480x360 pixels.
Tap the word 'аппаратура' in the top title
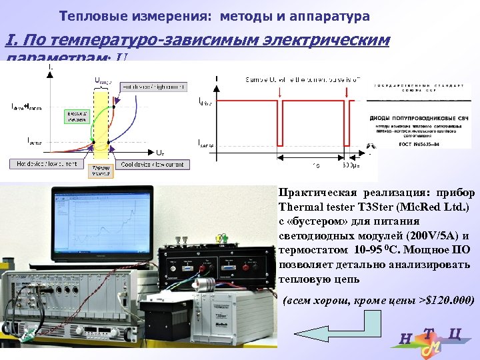tap(331, 15)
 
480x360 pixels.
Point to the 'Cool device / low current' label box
tap(152, 163)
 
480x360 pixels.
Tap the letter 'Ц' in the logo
tap(456, 335)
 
